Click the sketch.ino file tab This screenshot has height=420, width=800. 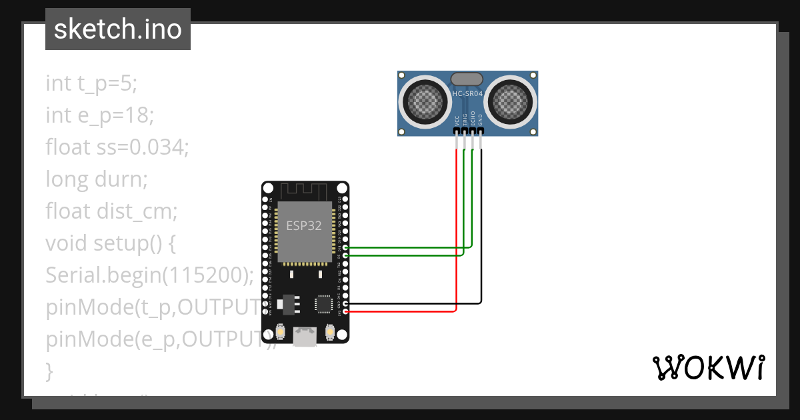pyautogui.click(x=118, y=29)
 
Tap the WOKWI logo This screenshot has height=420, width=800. pyautogui.click(x=707, y=367)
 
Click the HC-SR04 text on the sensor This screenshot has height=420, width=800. pyautogui.click(x=467, y=94)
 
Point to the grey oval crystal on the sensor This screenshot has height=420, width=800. pyautogui.click(x=467, y=79)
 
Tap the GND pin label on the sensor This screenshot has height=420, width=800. pyautogui.click(x=481, y=121)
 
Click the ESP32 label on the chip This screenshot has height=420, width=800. pyautogui.click(x=304, y=226)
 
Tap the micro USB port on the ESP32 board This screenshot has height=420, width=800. pyautogui.click(x=305, y=337)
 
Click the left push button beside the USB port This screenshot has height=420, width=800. pyautogui.click(x=281, y=331)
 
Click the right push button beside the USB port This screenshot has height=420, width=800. pyautogui.click(x=329, y=331)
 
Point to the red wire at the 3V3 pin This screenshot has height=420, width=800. pyautogui.click(x=400, y=311)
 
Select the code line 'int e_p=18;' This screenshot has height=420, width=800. pyautogui.click(x=100, y=115)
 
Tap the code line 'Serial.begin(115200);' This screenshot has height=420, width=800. pyautogui.click(x=150, y=275)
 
